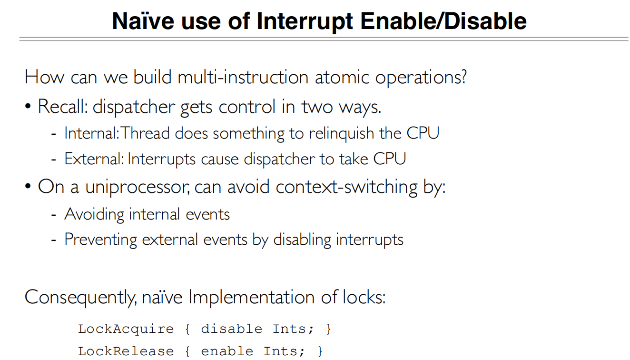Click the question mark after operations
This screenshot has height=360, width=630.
tap(463, 77)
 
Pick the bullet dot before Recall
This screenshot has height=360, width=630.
tap(29, 107)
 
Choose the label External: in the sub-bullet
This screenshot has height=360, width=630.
tap(94, 159)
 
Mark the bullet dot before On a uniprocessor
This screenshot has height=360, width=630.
tap(29, 187)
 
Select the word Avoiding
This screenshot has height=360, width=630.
tap(94, 214)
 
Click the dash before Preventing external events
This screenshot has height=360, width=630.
tap(54, 240)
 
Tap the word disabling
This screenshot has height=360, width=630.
tap(302, 240)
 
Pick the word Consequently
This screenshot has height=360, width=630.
tap(80, 298)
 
